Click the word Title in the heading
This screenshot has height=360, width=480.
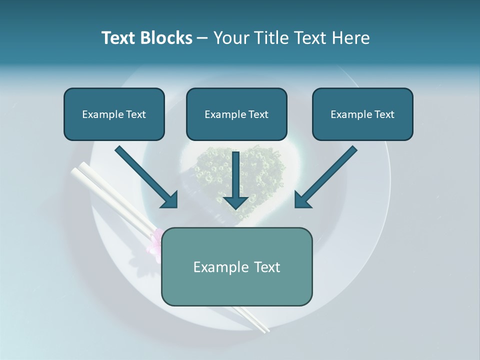pos(272,38)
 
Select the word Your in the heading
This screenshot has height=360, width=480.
pos(230,38)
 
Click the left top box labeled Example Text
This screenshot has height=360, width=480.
pos(114,114)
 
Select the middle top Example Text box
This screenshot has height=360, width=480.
pos(236,114)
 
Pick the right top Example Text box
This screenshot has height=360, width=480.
pos(362,114)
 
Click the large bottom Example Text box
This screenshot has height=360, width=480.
pos(236,266)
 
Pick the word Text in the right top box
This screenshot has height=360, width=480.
pos(384,114)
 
